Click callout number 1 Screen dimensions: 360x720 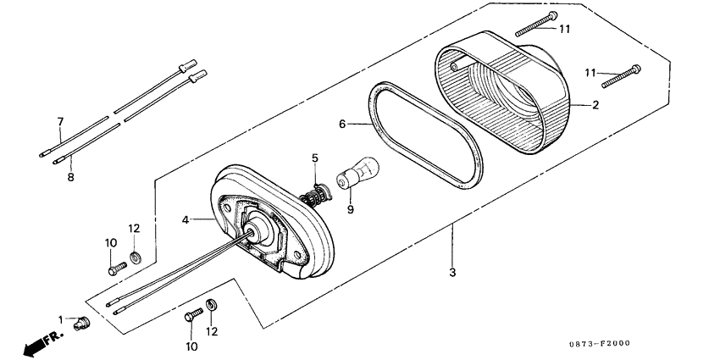61,318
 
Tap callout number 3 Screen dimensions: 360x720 452,273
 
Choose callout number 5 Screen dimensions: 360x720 314,158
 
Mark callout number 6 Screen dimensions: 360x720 343,124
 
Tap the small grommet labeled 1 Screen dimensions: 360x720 81,323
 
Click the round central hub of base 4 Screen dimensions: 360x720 256,230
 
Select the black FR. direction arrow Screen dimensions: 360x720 39,343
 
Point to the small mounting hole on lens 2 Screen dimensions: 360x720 455,64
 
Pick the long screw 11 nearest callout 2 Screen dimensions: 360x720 622,76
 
